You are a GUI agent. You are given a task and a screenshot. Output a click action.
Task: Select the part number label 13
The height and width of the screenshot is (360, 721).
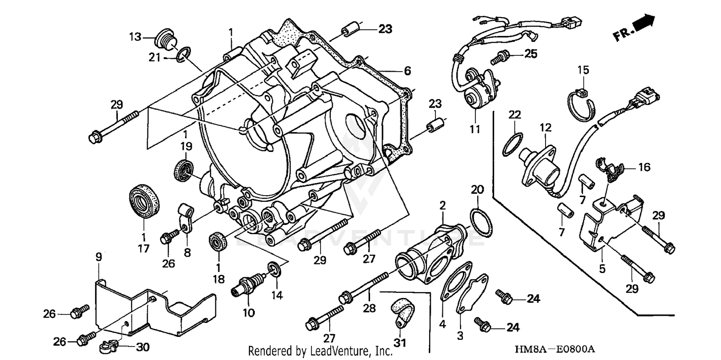(x=135, y=37)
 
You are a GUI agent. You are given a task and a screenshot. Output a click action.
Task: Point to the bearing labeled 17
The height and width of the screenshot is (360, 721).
(x=145, y=201)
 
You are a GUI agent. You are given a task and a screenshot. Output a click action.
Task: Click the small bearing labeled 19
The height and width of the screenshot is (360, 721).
(x=184, y=169)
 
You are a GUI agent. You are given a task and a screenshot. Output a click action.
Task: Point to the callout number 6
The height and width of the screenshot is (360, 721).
(x=407, y=71)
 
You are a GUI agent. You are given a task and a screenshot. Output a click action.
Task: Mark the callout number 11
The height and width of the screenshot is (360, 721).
(x=475, y=129)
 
